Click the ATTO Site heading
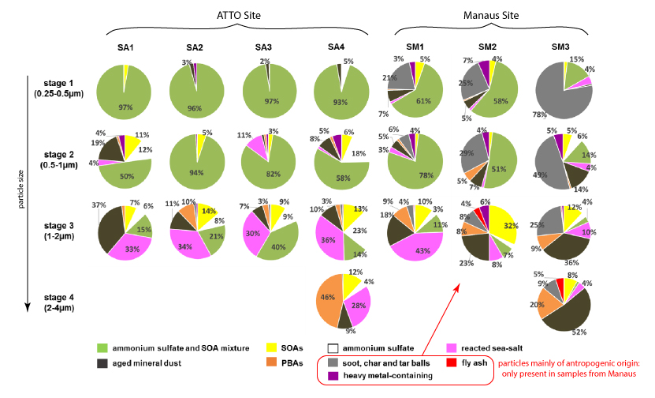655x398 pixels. [x=239, y=14]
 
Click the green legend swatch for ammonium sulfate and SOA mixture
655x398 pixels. [x=101, y=347]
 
